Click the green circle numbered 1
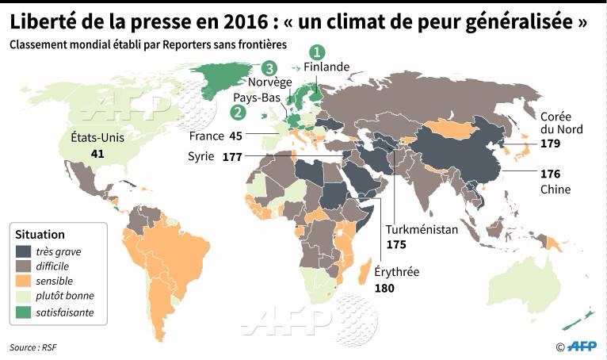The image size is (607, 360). coord(317,52)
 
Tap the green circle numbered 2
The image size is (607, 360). coord(238,112)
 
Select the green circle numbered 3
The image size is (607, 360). coord(269,68)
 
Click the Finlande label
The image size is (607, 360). coord(326,67)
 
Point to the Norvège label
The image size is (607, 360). coord(269,82)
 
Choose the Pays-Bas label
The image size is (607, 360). coord(257,98)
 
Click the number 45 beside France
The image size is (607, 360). coord(236,136)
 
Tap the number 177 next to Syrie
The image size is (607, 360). coord(232,157)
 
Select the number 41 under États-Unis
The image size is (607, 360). coord(97,154)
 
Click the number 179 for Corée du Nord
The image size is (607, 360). coord(550,144)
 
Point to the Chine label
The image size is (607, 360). coord(555,190)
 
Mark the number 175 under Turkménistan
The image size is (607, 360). coord(396,244)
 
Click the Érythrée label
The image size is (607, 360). coord(397,272)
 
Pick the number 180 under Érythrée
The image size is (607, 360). coord(384,289)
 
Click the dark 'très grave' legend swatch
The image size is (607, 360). coord(23,251)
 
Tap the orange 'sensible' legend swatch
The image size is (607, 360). coord(23,281)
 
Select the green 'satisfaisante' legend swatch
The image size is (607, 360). coord(23,312)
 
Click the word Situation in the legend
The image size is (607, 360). coord(40,235)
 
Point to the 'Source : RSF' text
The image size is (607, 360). coord(33,347)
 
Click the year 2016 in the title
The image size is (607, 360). coord(246,21)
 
